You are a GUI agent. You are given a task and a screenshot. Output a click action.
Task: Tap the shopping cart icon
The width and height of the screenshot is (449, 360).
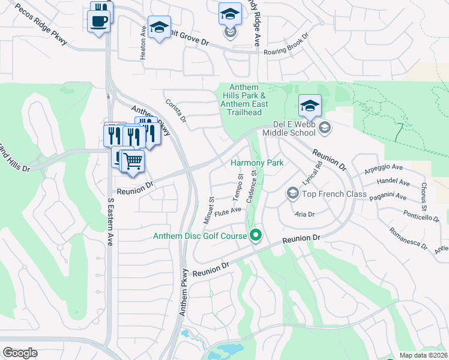pyautogui.click(x=132, y=160)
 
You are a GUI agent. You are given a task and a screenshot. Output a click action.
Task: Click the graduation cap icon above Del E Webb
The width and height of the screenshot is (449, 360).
pyautogui.click(x=310, y=106)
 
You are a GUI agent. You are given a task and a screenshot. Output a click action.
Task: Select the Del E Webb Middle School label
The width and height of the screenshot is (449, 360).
pyautogui.click(x=294, y=128)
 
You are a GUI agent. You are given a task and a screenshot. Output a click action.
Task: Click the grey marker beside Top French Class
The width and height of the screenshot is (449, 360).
pyautogui.click(x=292, y=193)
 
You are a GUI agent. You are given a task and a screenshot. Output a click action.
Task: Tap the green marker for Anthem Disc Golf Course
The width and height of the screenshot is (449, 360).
pyautogui.click(x=256, y=235)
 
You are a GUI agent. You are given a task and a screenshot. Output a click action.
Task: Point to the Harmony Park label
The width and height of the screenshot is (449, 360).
pyautogui.click(x=257, y=163)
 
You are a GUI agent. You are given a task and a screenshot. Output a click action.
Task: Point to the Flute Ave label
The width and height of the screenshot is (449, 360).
pyautogui.click(x=228, y=211)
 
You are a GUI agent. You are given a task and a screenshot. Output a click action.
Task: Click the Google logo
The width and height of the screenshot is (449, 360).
pyautogui.click(x=20, y=353)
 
